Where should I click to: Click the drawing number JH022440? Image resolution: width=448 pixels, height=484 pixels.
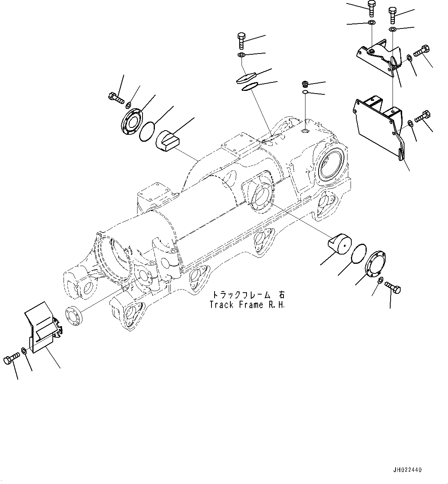(408, 470)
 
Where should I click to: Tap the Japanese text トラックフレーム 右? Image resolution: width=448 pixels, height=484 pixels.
(247, 295)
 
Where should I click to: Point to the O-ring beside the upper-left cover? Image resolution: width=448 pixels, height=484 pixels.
(147, 132)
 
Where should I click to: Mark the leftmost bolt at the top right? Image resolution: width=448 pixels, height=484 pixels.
(371, 8)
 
